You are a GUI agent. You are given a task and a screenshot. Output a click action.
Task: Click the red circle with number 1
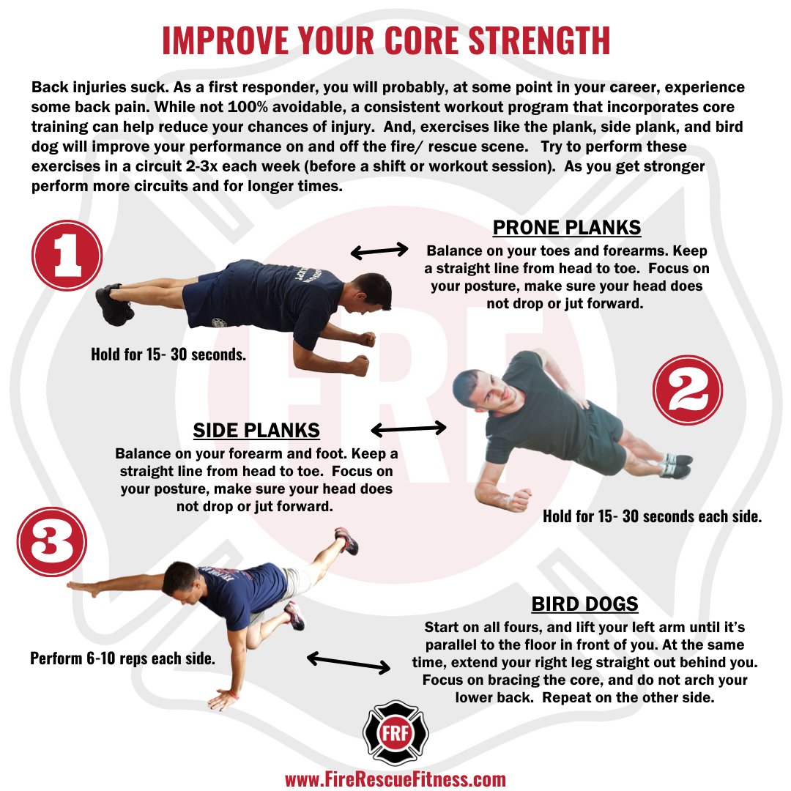67,256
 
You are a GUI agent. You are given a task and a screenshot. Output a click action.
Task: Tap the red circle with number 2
687,390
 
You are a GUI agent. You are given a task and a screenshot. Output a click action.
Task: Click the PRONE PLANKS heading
566,228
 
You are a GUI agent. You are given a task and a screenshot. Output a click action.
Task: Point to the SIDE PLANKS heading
256,429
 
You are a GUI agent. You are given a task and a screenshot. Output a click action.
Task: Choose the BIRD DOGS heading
584,604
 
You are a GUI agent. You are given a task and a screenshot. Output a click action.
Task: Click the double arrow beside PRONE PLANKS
379,251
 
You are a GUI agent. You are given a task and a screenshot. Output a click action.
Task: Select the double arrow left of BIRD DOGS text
348,663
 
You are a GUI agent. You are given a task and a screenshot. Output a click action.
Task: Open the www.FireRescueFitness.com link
395,779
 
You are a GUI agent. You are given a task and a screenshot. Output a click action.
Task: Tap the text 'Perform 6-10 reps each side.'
122,658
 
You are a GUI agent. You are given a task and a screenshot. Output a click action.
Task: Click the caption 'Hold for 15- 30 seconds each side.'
653,516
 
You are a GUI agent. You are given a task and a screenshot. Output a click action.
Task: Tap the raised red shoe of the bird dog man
346,541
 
